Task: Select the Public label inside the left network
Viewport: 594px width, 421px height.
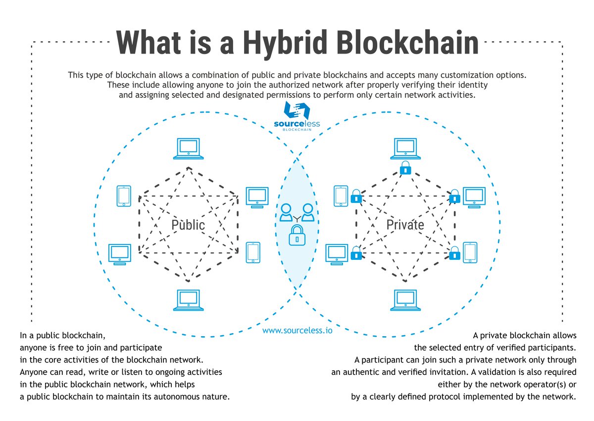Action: point(188,225)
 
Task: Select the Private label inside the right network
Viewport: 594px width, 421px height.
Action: point(405,225)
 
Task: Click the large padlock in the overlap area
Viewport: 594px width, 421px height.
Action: point(297,235)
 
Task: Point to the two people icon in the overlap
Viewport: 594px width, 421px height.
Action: point(297,213)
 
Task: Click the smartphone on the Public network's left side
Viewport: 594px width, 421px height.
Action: point(124,196)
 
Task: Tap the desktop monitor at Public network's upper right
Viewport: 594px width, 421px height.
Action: point(257,197)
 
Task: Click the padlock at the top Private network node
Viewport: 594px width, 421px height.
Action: point(405,168)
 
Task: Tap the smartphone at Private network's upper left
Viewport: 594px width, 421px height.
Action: point(341,196)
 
